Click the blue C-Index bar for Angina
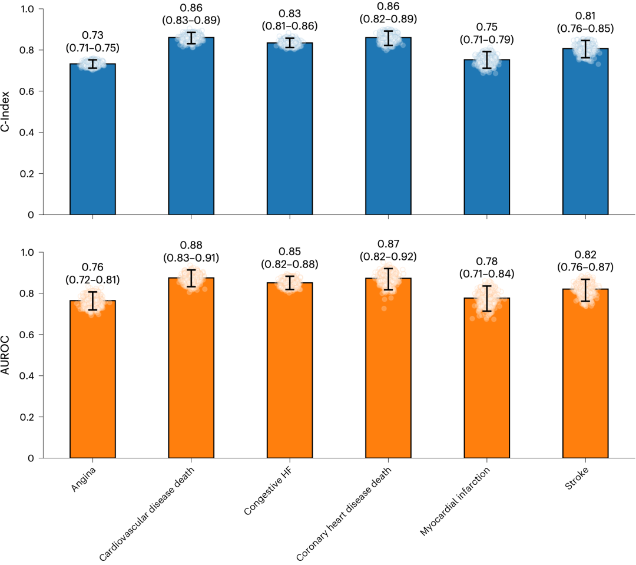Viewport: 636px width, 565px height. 92,141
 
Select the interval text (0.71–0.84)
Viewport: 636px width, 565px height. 486,273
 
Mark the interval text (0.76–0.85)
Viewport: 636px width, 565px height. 585,28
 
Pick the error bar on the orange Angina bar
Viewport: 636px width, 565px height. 92,300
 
